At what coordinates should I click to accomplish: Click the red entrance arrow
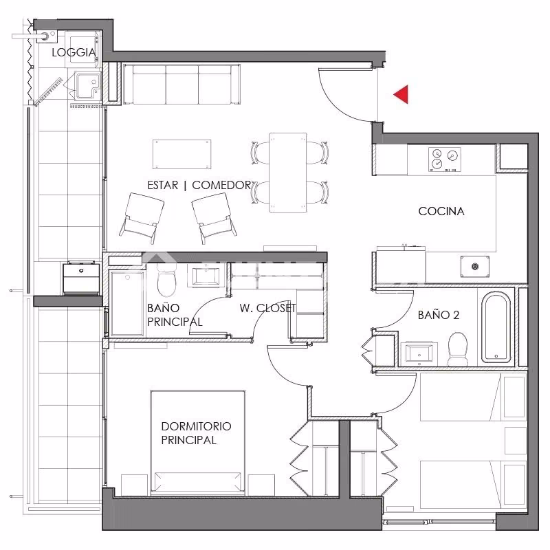click(x=403, y=94)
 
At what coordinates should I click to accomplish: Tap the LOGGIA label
click(x=74, y=53)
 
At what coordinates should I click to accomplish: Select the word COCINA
click(x=441, y=211)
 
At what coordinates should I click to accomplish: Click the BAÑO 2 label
click(x=439, y=315)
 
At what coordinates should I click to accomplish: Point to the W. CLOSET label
click(x=268, y=308)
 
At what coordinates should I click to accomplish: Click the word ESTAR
click(x=163, y=185)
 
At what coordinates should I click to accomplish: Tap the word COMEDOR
click(x=221, y=185)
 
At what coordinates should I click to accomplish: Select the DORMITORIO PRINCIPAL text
click(x=196, y=433)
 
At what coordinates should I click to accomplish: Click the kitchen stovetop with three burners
click(x=445, y=159)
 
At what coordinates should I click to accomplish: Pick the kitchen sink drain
click(x=475, y=267)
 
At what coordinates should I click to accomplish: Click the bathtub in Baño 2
click(x=496, y=327)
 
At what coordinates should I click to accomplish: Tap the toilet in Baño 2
click(x=458, y=349)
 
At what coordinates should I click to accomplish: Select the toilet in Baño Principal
click(x=166, y=280)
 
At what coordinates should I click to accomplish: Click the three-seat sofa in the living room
click(x=181, y=84)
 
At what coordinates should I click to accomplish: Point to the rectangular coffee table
click(x=181, y=154)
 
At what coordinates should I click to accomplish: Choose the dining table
click(x=288, y=173)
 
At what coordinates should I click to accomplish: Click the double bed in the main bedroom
click(x=198, y=443)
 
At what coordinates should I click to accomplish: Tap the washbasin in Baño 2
click(x=419, y=353)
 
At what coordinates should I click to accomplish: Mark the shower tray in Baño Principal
click(x=127, y=303)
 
